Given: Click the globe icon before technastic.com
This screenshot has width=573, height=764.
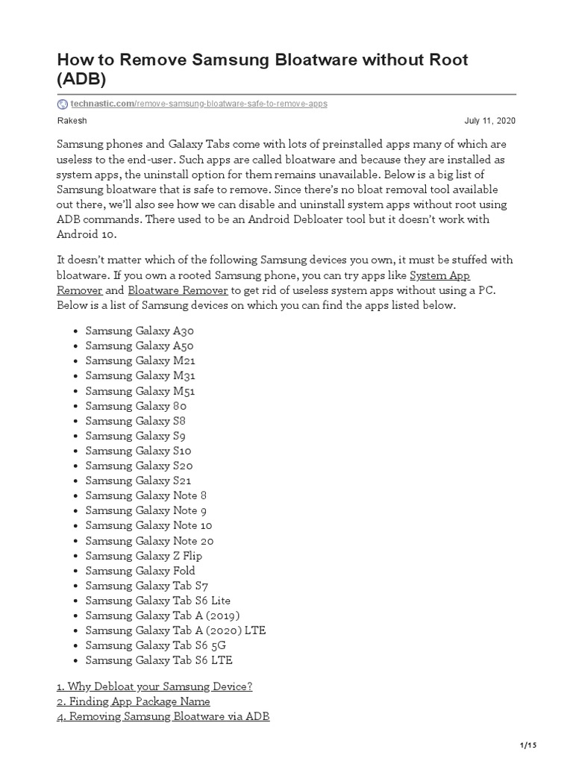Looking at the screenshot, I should (x=62, y=104).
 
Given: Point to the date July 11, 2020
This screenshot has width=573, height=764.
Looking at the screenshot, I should (x=489, y=121).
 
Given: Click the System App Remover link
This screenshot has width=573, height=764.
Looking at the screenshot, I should (x=440, y=275).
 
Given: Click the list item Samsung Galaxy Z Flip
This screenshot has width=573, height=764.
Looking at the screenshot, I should (x=144, y=556).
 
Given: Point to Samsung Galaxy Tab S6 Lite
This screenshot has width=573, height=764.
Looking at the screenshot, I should (x=158, y=601).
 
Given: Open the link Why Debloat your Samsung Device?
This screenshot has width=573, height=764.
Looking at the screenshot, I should (x=154, y=686).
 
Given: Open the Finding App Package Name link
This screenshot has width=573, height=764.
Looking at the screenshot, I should (x=134, y=701).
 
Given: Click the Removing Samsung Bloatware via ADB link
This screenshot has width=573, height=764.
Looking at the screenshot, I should (x=163, y=716).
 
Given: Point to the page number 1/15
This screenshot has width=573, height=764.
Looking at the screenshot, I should (x=527, y=745).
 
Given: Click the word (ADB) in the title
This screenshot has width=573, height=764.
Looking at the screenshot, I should (x=81, y=78).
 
